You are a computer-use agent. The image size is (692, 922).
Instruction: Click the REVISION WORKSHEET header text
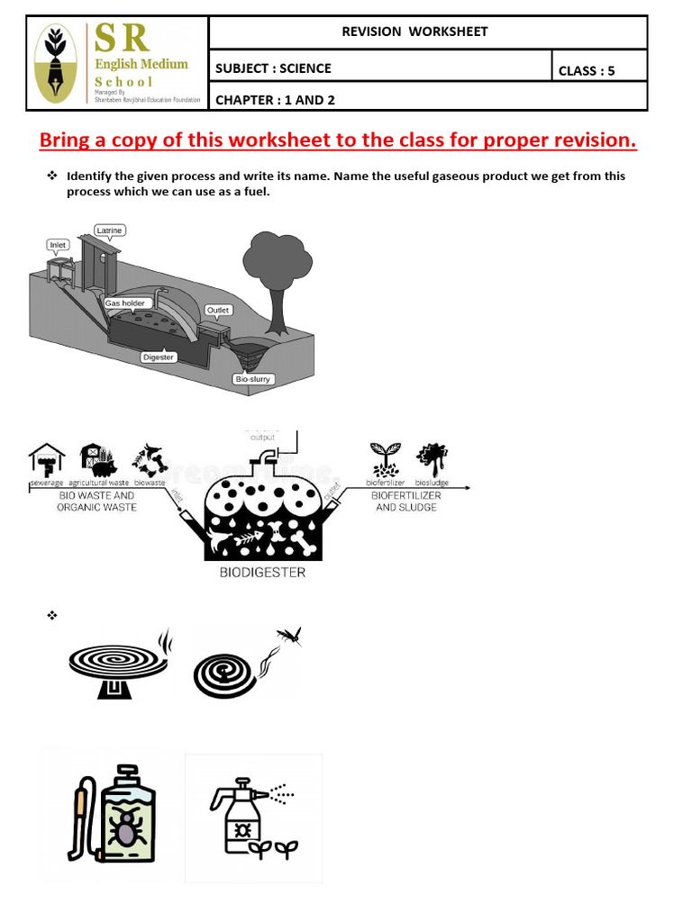coord(414,32)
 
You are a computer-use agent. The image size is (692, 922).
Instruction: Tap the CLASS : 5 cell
coord(587,70)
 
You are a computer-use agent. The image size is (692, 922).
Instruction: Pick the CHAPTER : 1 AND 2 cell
coord(275,100)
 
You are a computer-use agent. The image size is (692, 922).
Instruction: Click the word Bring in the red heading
coord(68,140)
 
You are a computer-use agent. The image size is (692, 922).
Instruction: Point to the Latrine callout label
coord(109,231)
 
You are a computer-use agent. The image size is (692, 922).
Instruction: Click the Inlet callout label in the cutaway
coord(59,244)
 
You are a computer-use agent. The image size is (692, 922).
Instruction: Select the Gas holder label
coord(125,303)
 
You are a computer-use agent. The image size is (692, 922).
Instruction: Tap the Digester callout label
coord(159,357)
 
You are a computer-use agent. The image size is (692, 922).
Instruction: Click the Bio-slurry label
coord(252,379)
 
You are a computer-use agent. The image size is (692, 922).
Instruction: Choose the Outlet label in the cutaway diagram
coord(218,310)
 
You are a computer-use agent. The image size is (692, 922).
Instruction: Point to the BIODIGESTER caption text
coord(263,572)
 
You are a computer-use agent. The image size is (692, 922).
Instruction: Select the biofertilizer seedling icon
coord(387,458)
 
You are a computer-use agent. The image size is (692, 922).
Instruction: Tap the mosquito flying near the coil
coord(288,638)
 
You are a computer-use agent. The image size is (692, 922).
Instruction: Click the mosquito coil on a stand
coord(117,667)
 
